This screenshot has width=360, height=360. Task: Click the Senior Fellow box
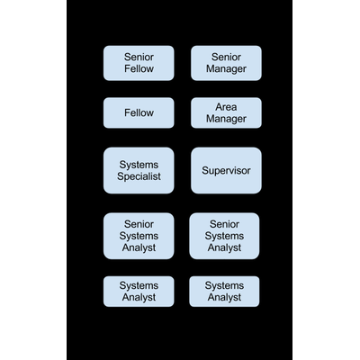tap(139, 63)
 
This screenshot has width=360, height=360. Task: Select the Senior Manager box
tap(226, 63)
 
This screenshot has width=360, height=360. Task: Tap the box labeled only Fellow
tap(139, 112)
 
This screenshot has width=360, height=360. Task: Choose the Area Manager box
tap(226, 112)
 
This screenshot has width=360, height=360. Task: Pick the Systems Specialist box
tap(139, 170)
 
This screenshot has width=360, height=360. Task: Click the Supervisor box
tap(226, 170)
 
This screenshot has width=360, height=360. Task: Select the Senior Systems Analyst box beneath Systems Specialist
tap(139, 236)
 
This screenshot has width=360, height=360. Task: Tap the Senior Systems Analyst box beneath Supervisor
tap(224, 236)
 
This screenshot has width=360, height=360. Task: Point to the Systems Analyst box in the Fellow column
tap(139, 292)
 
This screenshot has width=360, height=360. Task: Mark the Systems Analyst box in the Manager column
tap(224, 292)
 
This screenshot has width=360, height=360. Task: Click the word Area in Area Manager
tap(226, 107)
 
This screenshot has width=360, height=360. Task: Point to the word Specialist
tap(139, 176)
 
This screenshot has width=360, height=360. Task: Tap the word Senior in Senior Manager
tap(226, 57)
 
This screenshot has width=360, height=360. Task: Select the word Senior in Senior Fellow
tap(139, 57)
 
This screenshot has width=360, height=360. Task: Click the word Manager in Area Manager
tap(226, 119)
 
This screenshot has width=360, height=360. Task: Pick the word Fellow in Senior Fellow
tap(139, 68)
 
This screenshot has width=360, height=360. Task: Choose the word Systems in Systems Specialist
tap(139, 165)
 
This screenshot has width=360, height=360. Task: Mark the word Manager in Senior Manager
tap(226, 69)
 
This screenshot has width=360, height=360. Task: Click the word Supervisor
tap(226, 171)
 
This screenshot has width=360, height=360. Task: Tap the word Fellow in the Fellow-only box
tap(139, 112)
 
